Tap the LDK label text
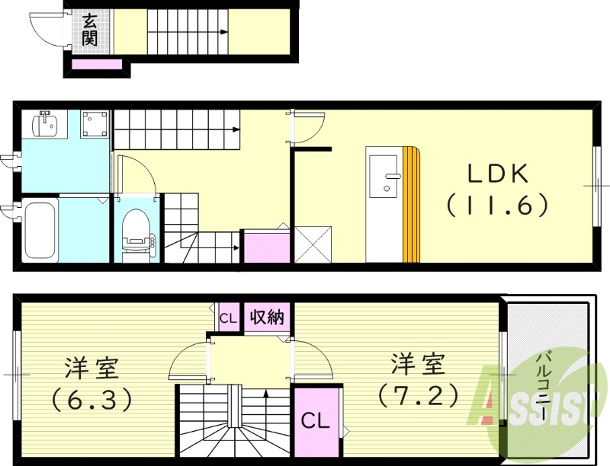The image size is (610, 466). point(498,174)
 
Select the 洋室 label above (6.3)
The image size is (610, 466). point(91,367)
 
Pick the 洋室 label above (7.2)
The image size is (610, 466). point(418,364)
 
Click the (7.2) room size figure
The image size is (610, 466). point(418,394)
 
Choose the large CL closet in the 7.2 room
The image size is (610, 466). point(315,420)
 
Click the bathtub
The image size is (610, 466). point(40,229)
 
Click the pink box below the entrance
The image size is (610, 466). point(97,64)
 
